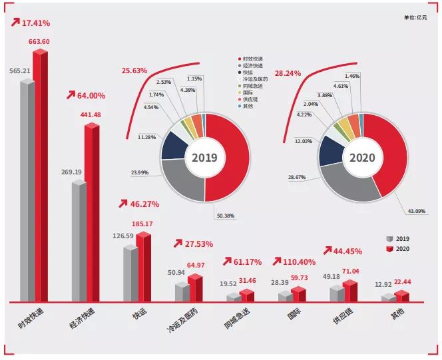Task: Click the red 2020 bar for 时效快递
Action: [41, 180]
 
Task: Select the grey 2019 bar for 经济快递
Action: [79, 243]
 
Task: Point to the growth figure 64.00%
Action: [85, 96]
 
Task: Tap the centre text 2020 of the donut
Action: [361, 158]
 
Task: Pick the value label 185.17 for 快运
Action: [141, 224]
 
